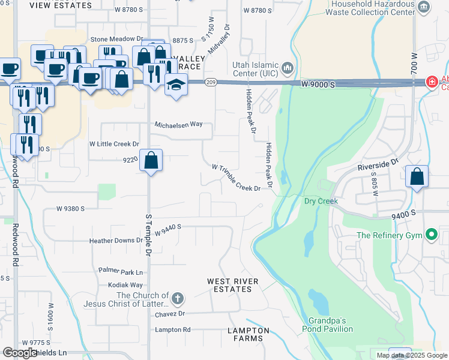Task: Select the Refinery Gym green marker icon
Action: click(x=431, y=235)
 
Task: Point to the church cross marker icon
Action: click(x=177, y=298)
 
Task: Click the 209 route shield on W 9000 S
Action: click(x=210, y=82)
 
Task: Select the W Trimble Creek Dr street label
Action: click(x=235, y=177)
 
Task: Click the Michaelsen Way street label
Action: click(x=178, y=124)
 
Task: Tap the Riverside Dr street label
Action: click(x=378, y=163)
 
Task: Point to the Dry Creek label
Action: click(x=321, y=201)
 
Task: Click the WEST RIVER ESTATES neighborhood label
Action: click(x=232, y=285)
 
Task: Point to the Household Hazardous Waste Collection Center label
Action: click(x=372, y=8)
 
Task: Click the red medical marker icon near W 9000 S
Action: click(x=431, y=82)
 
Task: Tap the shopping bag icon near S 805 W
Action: click(x=417, y=176)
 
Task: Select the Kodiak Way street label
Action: click(x=125, y=285)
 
